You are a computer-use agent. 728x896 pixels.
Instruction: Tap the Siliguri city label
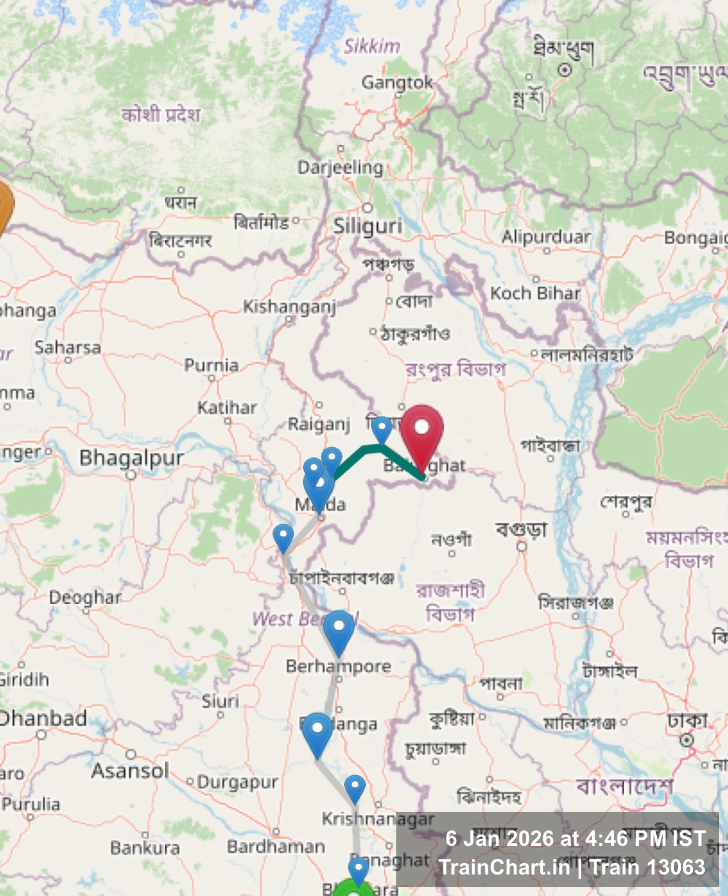367,226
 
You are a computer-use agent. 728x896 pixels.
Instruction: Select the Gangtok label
396,82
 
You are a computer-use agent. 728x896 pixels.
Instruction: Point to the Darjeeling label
340,167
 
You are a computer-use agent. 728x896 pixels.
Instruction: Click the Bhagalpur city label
131,458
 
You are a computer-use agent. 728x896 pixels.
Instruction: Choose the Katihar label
227,408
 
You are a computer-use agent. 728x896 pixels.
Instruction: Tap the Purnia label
211,365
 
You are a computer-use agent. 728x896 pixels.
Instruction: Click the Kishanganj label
289,306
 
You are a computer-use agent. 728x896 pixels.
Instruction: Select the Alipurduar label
546,237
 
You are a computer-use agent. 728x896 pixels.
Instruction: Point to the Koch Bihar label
535,293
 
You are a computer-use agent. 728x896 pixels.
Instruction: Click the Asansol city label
130,771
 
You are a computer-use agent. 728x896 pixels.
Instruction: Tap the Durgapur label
237,782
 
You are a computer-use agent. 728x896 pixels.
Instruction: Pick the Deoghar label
85,597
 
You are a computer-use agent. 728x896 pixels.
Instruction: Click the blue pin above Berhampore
339,630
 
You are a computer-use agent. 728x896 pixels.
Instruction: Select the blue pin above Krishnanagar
355,787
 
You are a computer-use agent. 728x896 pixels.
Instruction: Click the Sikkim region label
372,47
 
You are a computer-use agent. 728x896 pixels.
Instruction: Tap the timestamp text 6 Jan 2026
512,839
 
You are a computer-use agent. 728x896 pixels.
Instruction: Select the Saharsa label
68,348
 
